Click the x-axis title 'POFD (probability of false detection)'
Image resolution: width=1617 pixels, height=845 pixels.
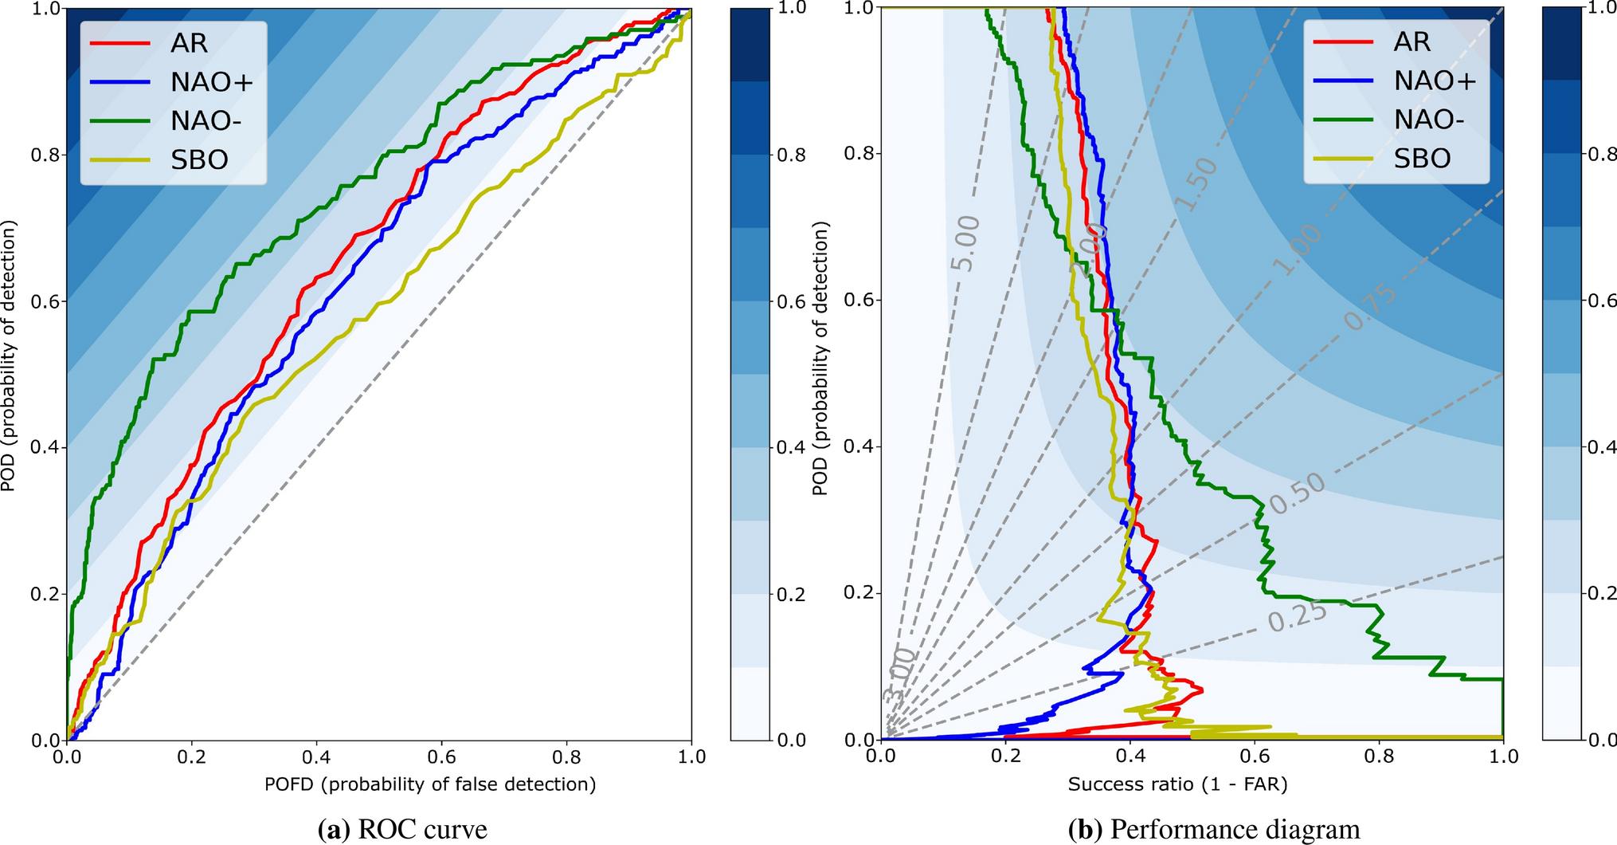click(x=430, y=784)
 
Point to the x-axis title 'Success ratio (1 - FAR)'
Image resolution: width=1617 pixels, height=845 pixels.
click(x=1177, y=784)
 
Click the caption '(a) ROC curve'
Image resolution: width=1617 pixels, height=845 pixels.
click(x=402, y=830)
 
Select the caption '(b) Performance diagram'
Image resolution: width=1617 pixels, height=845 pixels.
click(x=1213, y=830)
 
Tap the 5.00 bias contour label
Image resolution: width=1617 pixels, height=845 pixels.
click(x=965, y=243)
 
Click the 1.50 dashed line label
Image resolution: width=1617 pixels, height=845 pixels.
click(x=1196, y=184)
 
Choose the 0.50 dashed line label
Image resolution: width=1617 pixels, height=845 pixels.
click(x=1297, y=493)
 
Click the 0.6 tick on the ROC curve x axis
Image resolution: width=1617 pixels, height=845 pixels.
click(x=441, y=757)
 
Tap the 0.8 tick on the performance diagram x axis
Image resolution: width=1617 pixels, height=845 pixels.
click(x=1379, y=757)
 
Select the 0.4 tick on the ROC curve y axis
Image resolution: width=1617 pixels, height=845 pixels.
click(x=45, y=447)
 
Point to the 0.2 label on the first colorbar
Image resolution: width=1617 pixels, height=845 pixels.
click(x=792, y=594)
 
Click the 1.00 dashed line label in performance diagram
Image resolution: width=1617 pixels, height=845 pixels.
click(x=1298, y=250)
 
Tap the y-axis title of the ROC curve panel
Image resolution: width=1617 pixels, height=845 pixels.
click(x=10, y=356)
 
